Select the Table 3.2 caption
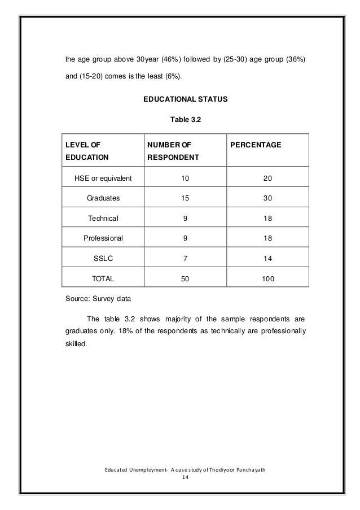[x=185, y=119]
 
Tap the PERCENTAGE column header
[x=254, y=145]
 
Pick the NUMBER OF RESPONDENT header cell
[x=173, y=151]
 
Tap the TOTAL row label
[x=103, y=278]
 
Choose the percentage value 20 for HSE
[x=267, y=179]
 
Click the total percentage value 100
[x=267, y=278]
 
